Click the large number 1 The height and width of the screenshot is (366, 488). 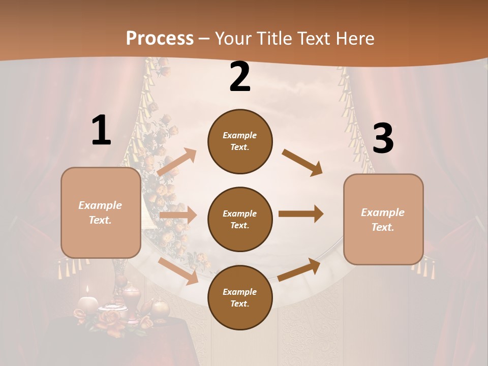pyautogui.click(x=101, y=131)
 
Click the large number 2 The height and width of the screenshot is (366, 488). pyautogui.click(x=240, y=77)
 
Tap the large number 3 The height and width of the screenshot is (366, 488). pyautogui.click(x=383, y=139)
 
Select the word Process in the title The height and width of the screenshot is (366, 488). pyautogui.click(x=160, y=38)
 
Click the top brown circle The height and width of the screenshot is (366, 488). pyautogui.click(x=240, y=141)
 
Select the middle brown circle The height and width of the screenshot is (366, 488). pyautogui.click(x=240, y=219)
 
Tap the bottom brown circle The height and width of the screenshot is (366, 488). pyautogui.click(x=240, y=297)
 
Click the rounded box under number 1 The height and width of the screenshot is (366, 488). pyautogui.click(x=101, y=212)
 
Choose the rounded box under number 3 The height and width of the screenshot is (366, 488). pyautogui.click(x=383, y=220)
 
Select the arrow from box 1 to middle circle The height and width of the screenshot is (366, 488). pyautogui.click(x=178, y=215)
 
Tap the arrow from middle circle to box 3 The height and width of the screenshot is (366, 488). pyautogui.click(x=301, y=214)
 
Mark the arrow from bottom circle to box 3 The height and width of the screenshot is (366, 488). pyautogui.click(x=299, y=269)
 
